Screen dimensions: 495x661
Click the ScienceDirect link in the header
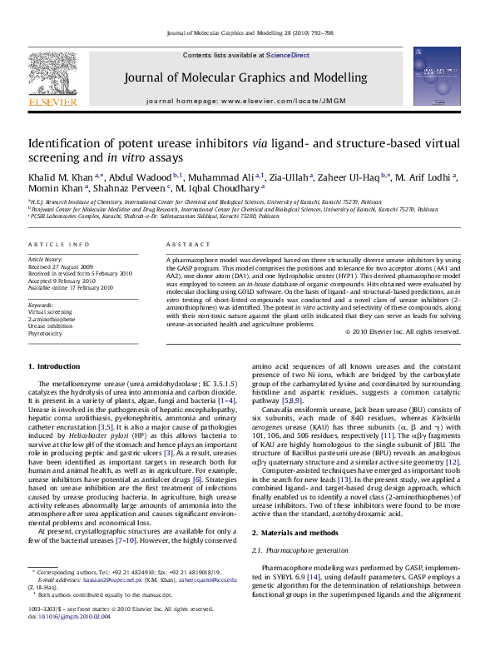pyautogui.click(x=288, y=55)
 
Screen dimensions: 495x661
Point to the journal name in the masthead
pyautogui.click(x=245, y=78)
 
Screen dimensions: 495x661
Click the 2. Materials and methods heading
pyautogui.click(x=295, y=509)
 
